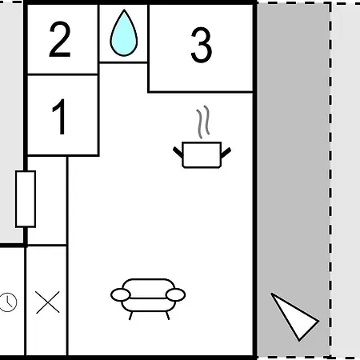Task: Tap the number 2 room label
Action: [x=60, y=39]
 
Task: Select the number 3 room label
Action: [x=202, y=45]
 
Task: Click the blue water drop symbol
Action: [x=124, y=33]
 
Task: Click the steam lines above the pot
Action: [x=203, y=122]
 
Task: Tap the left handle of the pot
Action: [x=178, y=152]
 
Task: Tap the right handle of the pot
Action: [x=226, y=152]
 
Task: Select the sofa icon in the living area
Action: [x=148, y=298]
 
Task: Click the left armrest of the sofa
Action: [x=121, y=295]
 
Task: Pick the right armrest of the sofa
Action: [x=175, y=295]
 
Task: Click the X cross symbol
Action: [x=48, y=302]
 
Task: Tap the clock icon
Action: [x=7, y=302]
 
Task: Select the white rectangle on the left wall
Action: [x=26, y=199]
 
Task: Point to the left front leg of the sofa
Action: [x=130, y=316]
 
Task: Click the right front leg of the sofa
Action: [x=168, y=316]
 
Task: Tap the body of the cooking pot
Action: [x=202, y=155]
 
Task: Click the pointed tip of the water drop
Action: [x=124, y=10]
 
